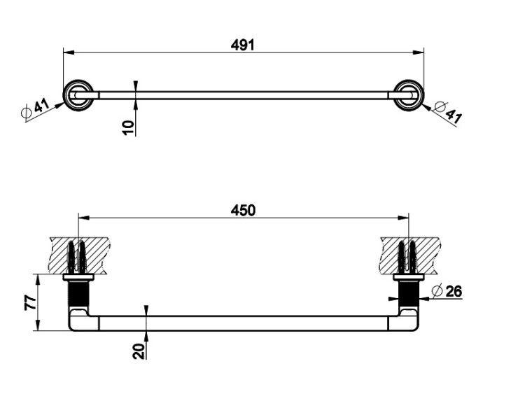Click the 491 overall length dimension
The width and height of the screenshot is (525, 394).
point(243,45)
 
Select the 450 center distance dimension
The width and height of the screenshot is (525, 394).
point(243,210)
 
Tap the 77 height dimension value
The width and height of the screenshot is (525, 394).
point(30,302)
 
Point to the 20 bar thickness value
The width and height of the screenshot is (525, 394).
point(139,351)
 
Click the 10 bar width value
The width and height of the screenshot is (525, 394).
point(128,127)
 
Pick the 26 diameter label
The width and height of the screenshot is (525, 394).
point(454,291)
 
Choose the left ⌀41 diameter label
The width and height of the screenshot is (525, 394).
point(35,108)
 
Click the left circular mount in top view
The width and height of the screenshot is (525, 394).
point(78,95)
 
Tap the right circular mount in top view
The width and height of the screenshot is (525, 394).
point(409,95)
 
